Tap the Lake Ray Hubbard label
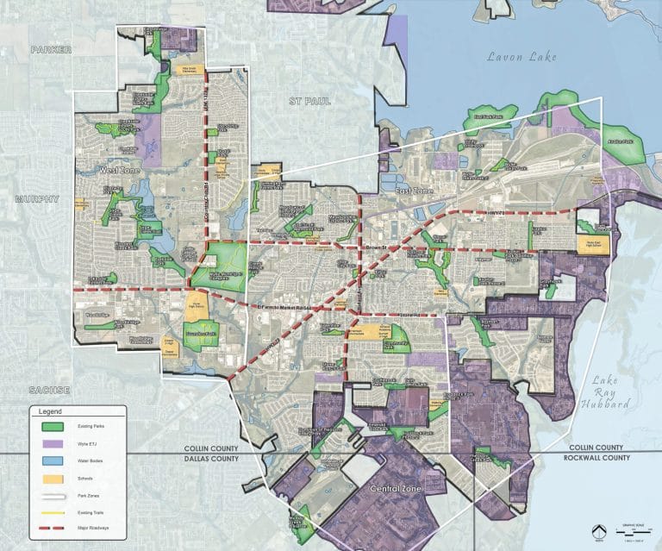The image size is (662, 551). point(613,392)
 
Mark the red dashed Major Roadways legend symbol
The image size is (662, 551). point(51,526)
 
